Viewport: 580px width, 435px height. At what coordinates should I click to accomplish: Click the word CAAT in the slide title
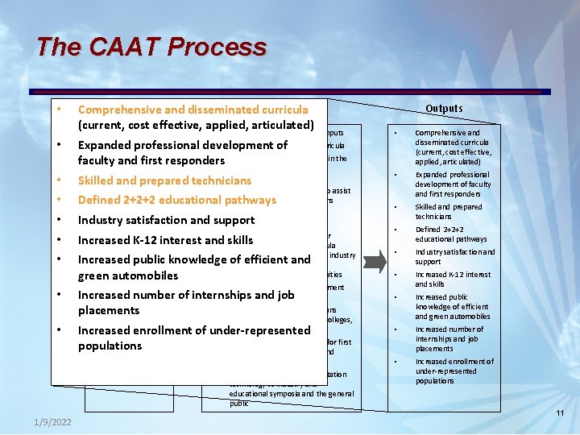pos(111,47)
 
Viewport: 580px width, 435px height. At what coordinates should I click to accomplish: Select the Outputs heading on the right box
pos(444,109)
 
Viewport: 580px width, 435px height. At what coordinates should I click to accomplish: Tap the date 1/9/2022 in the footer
pos(52,421)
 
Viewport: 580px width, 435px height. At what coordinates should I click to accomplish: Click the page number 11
pos(560,413)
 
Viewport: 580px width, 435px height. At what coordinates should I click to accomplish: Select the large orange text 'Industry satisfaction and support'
pos(166,220)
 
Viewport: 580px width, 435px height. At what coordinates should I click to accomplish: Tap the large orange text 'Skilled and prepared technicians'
pos(164,180)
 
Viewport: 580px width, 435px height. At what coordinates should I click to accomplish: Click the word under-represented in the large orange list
pos(263,330)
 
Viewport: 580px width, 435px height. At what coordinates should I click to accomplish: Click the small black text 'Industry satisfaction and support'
pos(454,257)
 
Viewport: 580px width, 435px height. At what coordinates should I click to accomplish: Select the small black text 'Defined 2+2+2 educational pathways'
pos(451,234)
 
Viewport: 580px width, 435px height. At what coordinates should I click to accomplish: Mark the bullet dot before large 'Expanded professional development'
pos(60,146)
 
